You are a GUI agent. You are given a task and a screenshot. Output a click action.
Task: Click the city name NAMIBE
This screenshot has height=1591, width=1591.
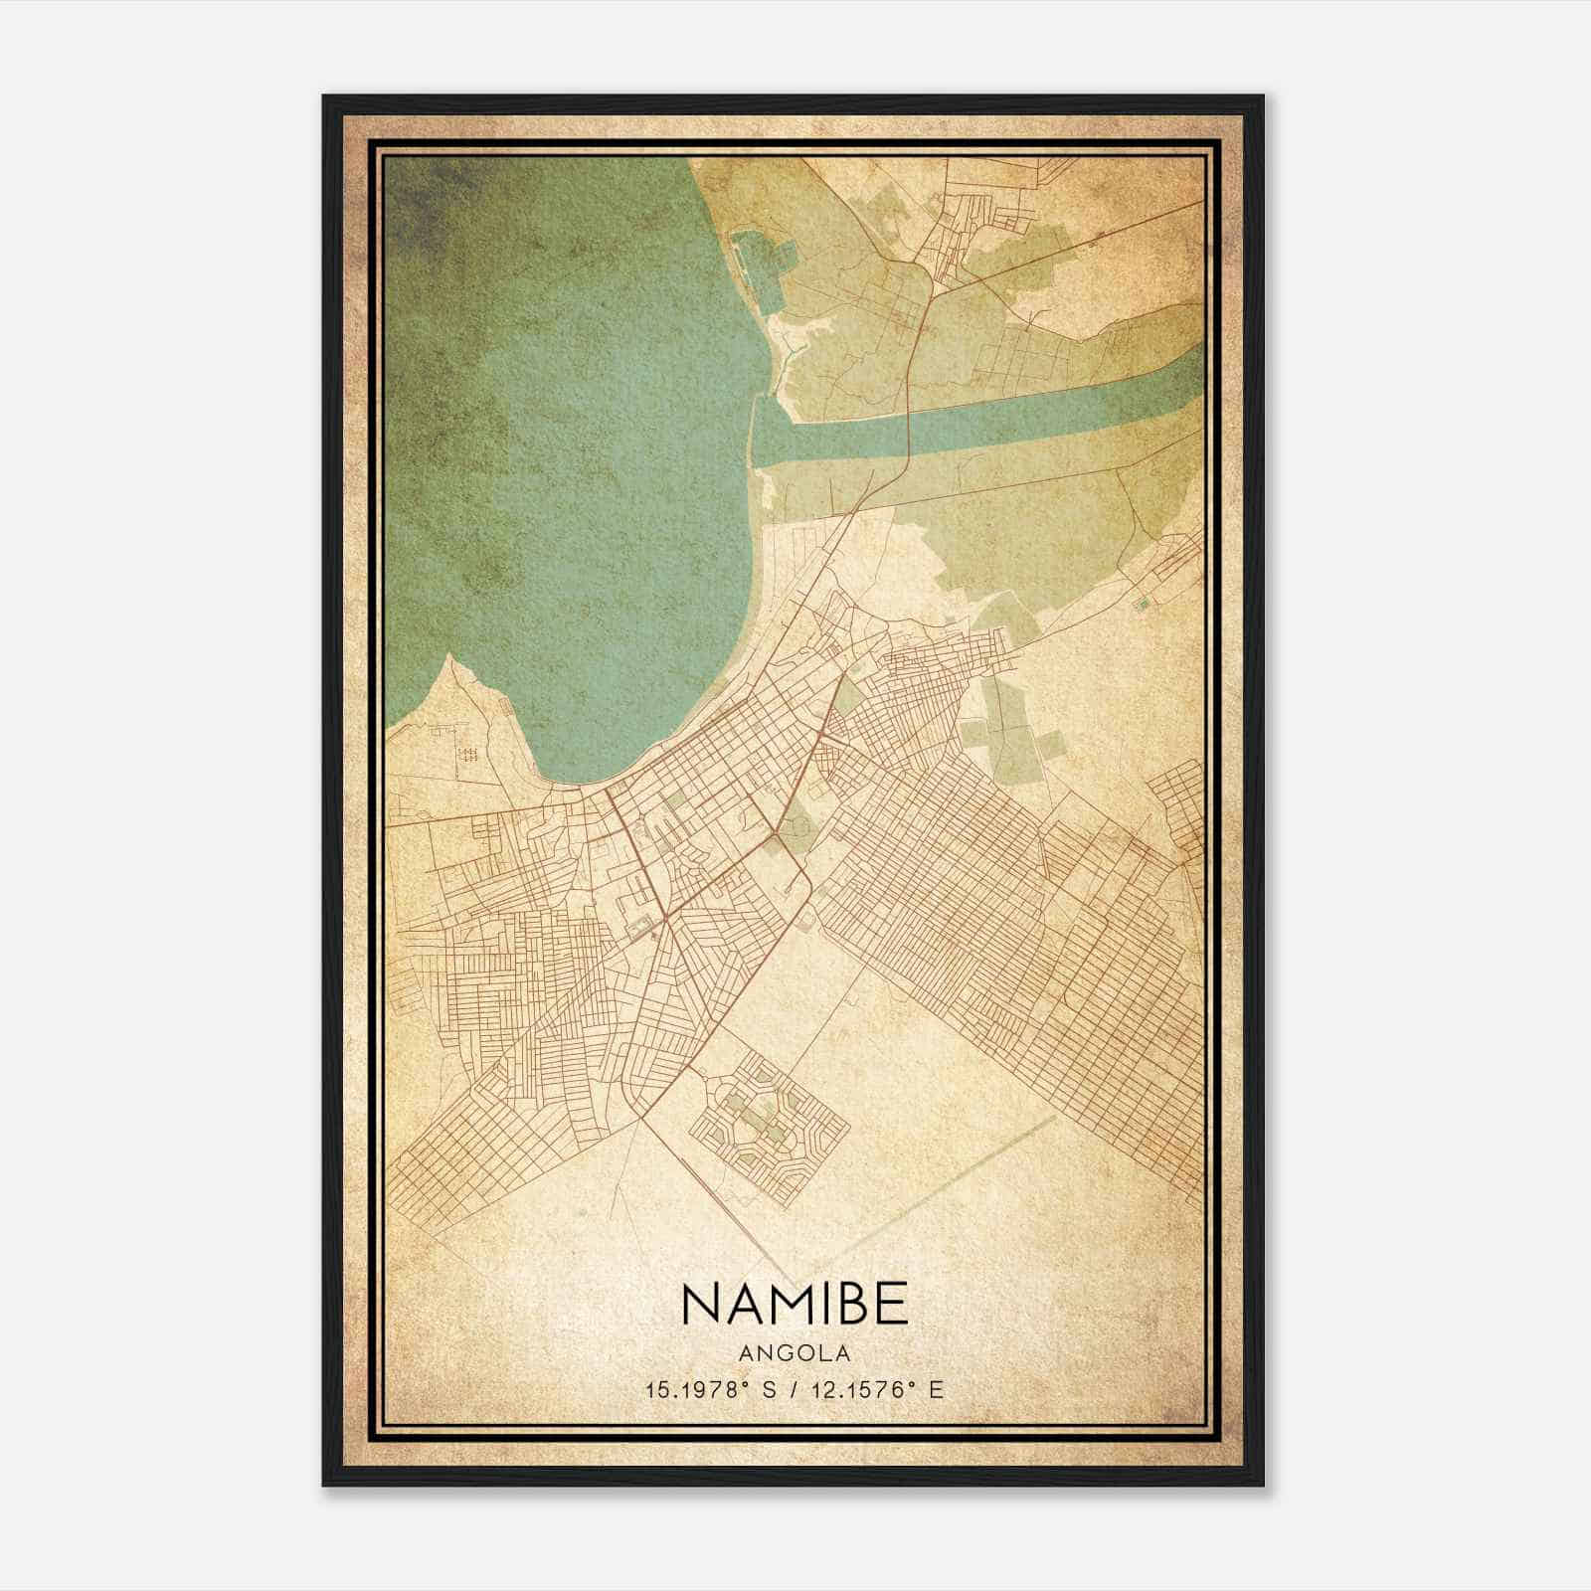click(x=795, y=1304)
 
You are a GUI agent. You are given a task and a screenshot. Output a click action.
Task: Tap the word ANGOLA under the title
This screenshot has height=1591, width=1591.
click(x=795, y=1352)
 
